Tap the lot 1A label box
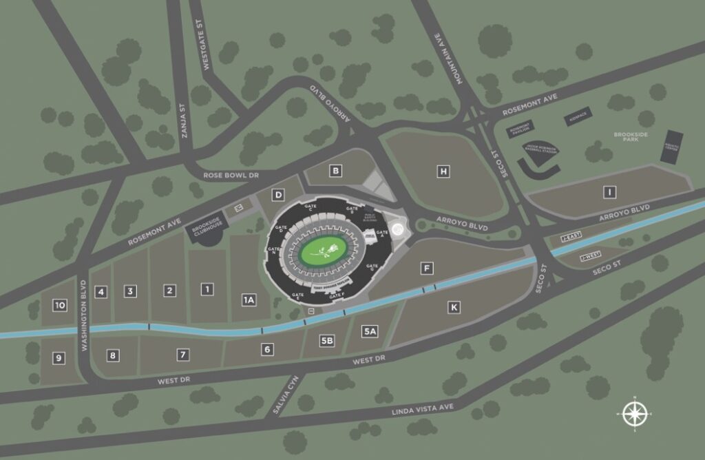click(249, 300)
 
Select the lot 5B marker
click(327, 340)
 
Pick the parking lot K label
click(453, 307)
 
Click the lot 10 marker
click(60, 305)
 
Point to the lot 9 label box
click(59, 357)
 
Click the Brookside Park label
click(627, 136)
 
